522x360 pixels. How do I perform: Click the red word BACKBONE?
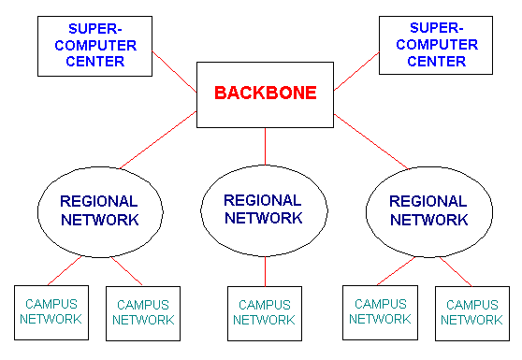coord(266,93)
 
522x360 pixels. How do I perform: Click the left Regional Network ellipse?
coord(98,210)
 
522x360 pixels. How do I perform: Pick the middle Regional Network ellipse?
coord(263,209)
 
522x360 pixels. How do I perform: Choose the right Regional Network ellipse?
coord(428,210)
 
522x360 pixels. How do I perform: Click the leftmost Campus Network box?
coord(51,312)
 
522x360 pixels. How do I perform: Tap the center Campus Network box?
coord(264,312)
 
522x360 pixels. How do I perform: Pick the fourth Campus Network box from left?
coord(381,312)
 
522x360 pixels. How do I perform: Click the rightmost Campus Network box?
coord(472,312)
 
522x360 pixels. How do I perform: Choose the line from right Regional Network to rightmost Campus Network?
coord(456,271)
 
